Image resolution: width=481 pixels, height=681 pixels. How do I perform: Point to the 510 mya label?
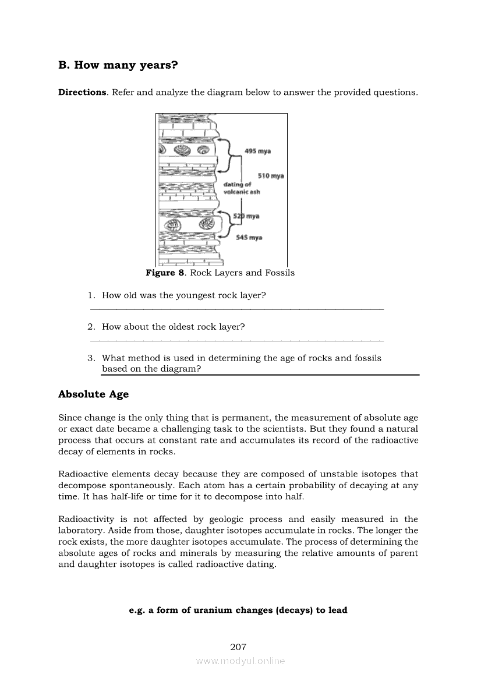[x=271, y=176]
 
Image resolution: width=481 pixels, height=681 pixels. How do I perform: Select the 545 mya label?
[x=249, y=237]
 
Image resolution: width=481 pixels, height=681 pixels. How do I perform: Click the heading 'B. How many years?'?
[x=118, y=65]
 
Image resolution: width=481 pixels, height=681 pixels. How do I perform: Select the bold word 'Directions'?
[x=82, y=93]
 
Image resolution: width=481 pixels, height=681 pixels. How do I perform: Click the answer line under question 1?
[x=238, y=309]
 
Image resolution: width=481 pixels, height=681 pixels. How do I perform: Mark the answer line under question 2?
[x=238, y=340]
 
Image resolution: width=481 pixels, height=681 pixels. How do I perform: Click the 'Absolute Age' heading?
[x=93, y=394]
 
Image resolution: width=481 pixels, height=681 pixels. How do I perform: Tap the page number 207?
[x=239, y=647]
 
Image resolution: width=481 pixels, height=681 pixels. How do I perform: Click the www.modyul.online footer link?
[x=240, y=661]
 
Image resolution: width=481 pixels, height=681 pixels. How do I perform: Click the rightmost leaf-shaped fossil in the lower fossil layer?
[x=205, y=225]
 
